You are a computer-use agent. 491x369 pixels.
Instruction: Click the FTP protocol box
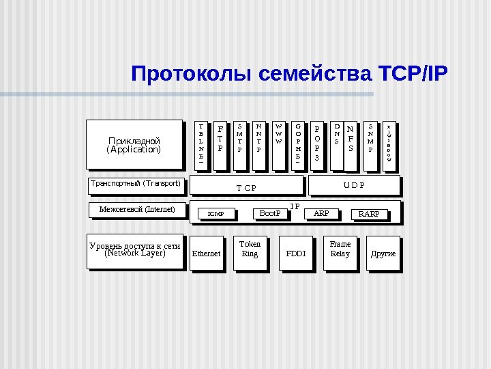tap(220, 144)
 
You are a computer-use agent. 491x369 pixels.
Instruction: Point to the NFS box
tap(351, 144)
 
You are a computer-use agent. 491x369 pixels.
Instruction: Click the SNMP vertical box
tap(370, 144)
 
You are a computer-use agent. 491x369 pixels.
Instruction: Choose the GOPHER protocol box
tap(298, 144)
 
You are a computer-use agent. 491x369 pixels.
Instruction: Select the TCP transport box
tap(246, 185)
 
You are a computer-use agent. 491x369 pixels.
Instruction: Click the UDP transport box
tap(353, 185)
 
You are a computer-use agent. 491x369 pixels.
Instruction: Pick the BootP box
tap(270, 214)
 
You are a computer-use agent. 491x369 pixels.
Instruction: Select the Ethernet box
tap(207, 254)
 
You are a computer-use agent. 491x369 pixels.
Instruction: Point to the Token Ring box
tap(250, 251)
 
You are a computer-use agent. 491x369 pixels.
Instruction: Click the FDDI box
tap(296, 254)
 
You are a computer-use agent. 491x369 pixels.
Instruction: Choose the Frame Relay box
tap(340, 251)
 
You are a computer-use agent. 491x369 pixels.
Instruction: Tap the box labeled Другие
tap(383, 254)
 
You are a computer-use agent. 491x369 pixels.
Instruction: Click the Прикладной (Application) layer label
tap(134, 145)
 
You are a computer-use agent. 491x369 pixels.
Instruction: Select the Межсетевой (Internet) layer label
tap(137, 209)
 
